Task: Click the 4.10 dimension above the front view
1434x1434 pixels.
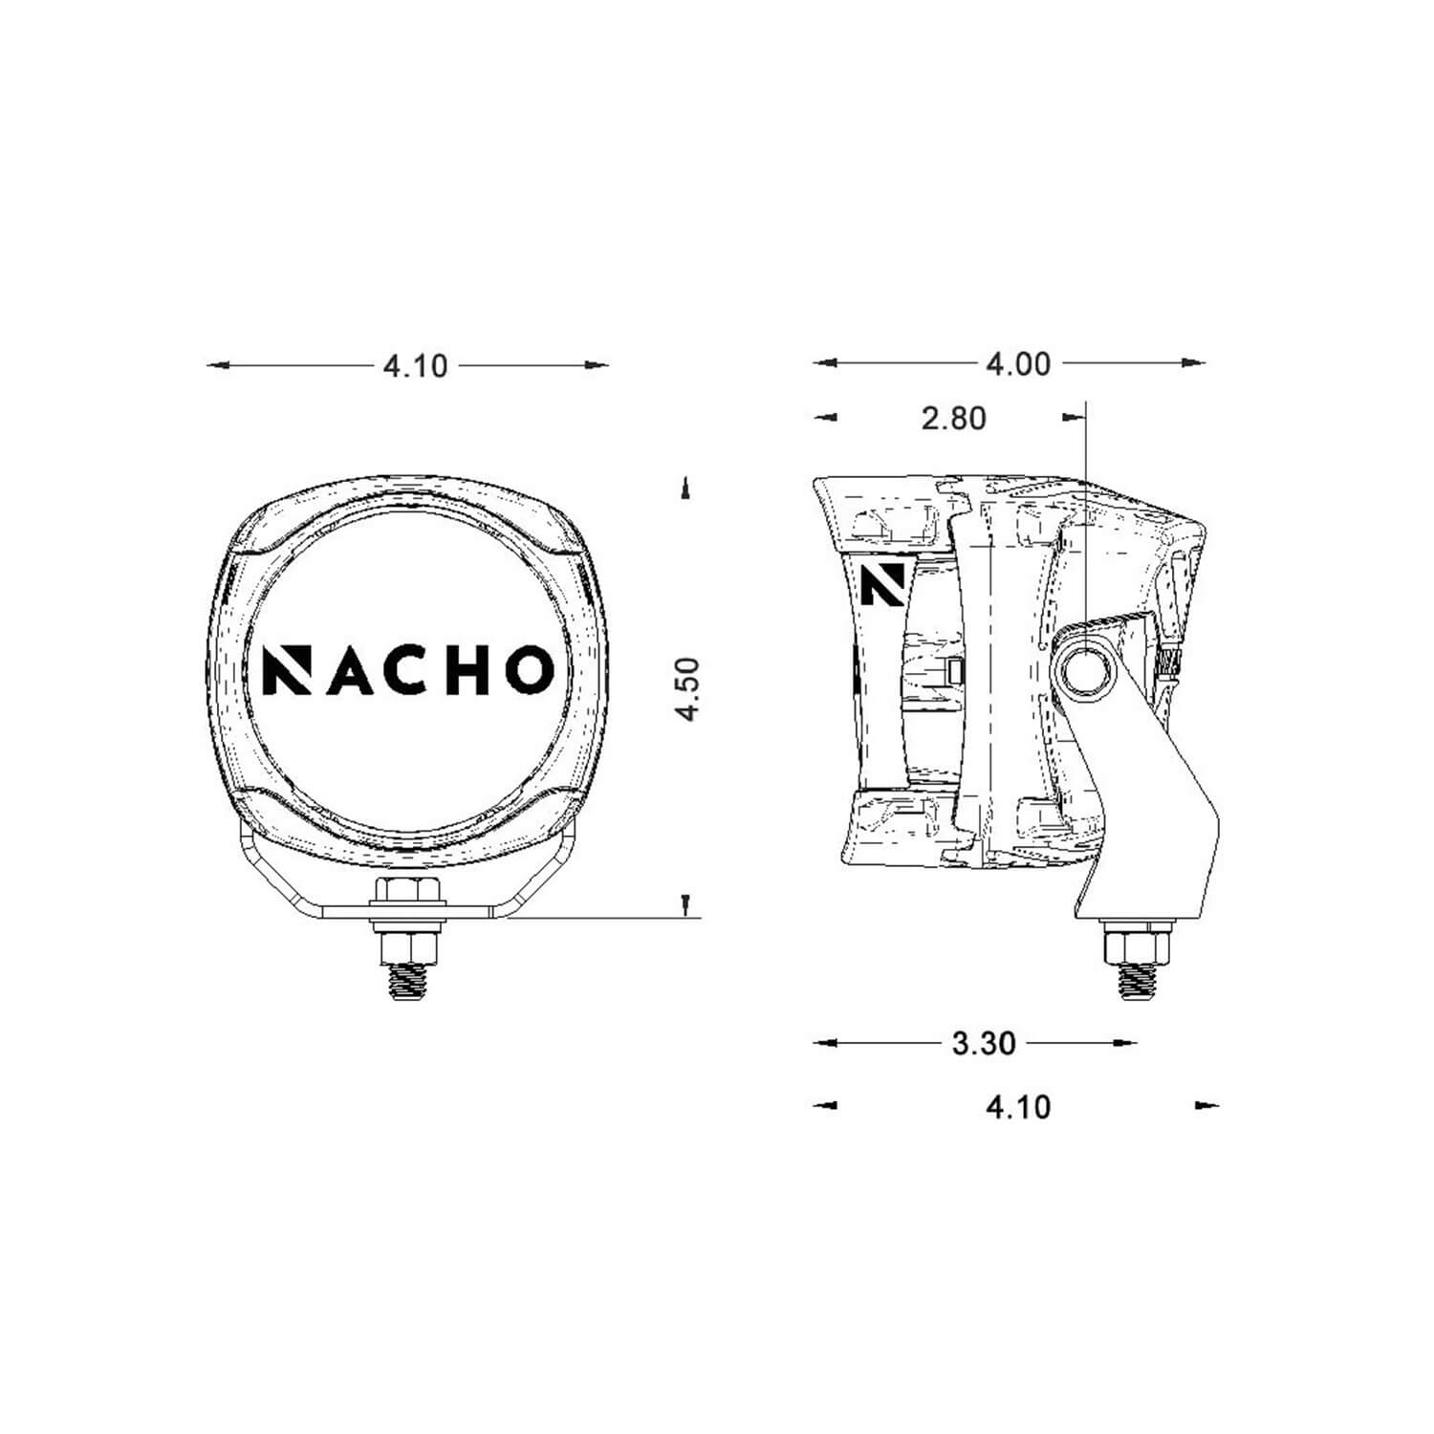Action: point(414,365)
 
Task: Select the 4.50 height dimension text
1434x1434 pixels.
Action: point(687,688)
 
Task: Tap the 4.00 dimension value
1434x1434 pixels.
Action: point(1017,363)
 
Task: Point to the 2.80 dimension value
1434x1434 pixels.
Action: point(953,418)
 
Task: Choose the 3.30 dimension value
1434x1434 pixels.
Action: point(983,1043)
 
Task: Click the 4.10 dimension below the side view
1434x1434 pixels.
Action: point(1017,1106)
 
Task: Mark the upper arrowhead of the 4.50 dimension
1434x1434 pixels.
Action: point(685,489)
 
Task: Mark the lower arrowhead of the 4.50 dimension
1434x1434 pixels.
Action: point(685,903)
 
